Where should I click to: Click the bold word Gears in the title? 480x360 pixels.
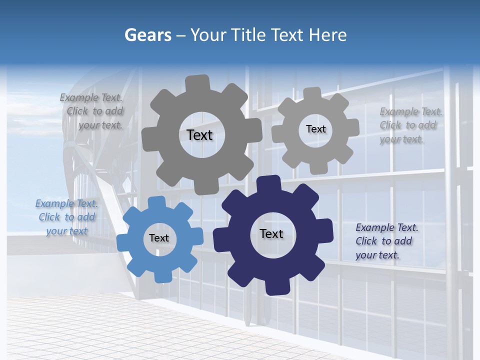coord(147,35)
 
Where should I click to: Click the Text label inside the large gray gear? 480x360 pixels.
coord(199,135)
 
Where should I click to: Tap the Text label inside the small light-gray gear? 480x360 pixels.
coord(315,129)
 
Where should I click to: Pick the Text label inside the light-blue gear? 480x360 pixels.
coord(159,238)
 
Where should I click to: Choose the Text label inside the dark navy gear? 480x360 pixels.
coord(271,233)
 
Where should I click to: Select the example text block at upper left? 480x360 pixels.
coord(93,111)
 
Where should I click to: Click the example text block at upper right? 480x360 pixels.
coord(410,125)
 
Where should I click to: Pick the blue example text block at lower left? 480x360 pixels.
coord(66,217)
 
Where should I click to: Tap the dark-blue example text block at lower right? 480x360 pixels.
coord(386,241)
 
